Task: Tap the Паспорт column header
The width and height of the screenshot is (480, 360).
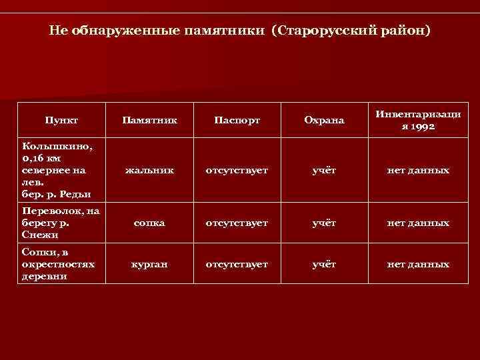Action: (237, 121)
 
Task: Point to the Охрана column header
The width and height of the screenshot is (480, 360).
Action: (324, 121)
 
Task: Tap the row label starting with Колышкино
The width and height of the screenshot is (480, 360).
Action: (56, 170)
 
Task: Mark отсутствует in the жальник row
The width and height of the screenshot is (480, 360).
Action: (237, 171)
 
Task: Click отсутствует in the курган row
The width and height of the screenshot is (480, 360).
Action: (237, 265)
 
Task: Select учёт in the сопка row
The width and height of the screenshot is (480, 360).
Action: (324, 223)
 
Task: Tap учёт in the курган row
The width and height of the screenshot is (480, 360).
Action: (324, 265)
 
